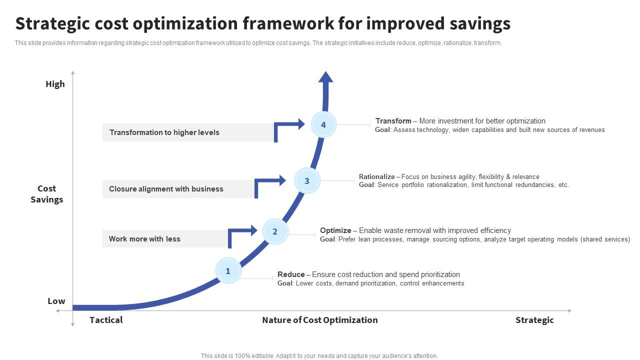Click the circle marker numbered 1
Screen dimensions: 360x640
228,271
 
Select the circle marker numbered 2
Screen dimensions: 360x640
275,231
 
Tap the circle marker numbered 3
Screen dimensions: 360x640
307,181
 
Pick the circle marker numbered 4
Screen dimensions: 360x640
323,125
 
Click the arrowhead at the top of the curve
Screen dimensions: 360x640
325,77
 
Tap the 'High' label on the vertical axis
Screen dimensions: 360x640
55,84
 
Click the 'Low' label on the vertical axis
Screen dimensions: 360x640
56,301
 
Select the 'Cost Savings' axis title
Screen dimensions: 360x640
46,194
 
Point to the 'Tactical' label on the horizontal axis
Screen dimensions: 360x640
106,320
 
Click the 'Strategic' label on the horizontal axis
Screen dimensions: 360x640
534,320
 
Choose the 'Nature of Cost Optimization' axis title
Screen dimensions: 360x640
319,320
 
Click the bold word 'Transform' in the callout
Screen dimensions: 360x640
393,121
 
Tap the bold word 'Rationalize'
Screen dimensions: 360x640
376,176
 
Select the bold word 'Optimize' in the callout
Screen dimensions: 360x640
335,230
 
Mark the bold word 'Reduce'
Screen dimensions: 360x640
291,274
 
